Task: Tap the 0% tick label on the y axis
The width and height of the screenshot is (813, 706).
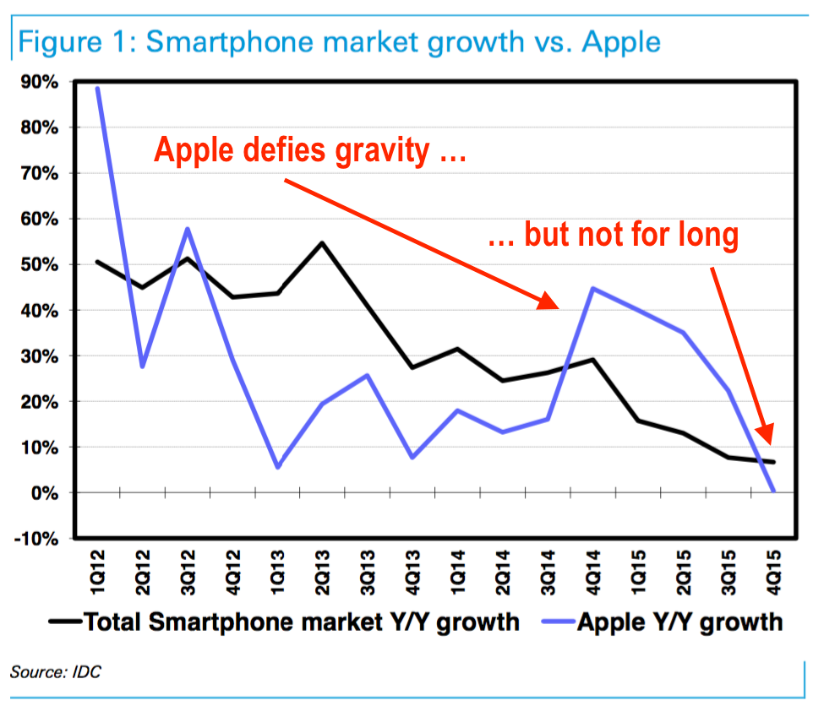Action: (x=44, y=492)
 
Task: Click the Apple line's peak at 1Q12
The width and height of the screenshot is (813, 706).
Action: (x=98, y=88)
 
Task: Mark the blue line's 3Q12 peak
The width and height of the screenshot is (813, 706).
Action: (x=187, y=229)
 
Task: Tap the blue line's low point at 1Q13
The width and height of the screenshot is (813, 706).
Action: (x=277, y=467)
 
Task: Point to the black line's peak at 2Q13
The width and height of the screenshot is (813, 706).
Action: (x=322, y=243)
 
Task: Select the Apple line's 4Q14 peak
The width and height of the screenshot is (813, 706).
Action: (x=592, y=289)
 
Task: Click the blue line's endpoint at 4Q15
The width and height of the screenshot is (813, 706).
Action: (x=772, y=491)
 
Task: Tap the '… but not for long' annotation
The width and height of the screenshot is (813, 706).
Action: (x=614, y=236)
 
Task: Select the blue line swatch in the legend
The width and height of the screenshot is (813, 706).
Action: (x=550, y=623)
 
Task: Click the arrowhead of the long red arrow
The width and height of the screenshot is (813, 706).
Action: (x=549, y=301)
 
